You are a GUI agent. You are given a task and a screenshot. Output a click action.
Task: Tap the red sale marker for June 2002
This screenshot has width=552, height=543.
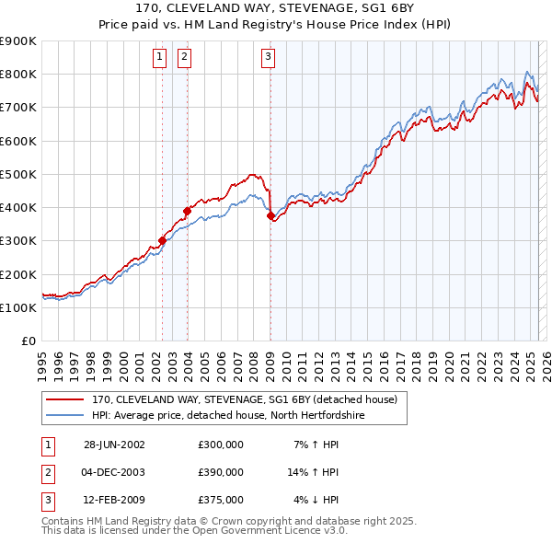[x=163, y=240]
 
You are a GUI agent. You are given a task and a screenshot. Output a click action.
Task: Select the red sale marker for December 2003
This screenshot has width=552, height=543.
[x=187, y=211]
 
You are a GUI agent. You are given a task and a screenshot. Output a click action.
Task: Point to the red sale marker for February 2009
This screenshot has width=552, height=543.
[x=270, y=216]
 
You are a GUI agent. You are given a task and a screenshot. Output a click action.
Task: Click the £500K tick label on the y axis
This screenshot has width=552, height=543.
[x=19, y=174]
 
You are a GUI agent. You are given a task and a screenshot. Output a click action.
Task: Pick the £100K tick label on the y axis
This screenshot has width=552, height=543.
[x=19, y=307]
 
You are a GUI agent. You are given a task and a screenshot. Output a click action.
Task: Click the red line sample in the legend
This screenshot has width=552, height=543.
[x=64, y=400]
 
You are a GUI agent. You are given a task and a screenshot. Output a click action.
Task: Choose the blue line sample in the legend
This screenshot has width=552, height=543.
[x=64, y=416]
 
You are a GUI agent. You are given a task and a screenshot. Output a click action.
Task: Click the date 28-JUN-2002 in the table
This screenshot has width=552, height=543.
[x=114, y=445]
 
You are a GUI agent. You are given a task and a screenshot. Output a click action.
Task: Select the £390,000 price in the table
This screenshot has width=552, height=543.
[x=221, y=472]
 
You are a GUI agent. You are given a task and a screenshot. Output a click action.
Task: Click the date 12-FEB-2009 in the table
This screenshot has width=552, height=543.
[x=114, y=500]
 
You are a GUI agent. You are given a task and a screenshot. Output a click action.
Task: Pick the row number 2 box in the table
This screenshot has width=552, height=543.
[x=46, y=472]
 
